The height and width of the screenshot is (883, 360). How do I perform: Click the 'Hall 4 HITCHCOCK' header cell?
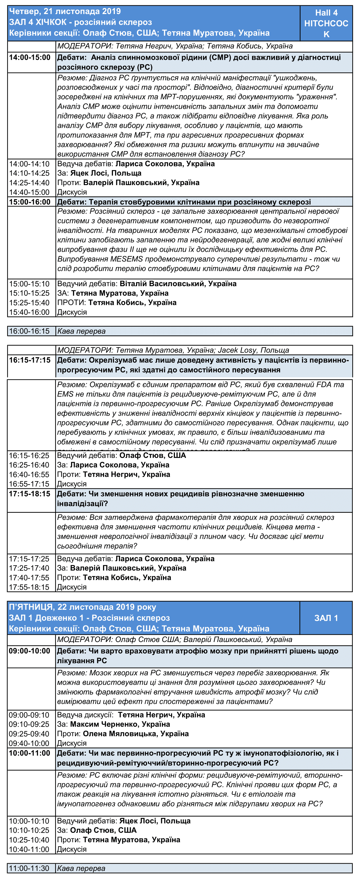point(326,23)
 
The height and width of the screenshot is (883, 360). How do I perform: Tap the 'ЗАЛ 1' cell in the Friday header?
point(326,618)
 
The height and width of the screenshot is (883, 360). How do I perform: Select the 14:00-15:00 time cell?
point(30,58)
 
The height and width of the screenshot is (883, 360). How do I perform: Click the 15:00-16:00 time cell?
point(30,202)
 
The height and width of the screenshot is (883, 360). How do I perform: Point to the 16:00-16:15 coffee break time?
point(29,331)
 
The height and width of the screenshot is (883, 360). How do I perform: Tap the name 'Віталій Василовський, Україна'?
point(178,284)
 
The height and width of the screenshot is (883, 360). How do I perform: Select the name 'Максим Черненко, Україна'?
point(120,724)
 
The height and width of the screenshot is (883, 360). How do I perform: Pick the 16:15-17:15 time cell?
point(30,360)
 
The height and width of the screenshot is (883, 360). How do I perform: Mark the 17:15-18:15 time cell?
point(29,494)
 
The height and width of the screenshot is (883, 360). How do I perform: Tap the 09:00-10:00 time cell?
point(29,651)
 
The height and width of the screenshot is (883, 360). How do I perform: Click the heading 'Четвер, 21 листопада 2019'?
point(65,11)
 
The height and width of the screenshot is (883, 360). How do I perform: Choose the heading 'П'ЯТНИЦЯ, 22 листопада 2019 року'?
point(82,607)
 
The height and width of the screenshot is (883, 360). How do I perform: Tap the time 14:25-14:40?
point(29,183)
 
